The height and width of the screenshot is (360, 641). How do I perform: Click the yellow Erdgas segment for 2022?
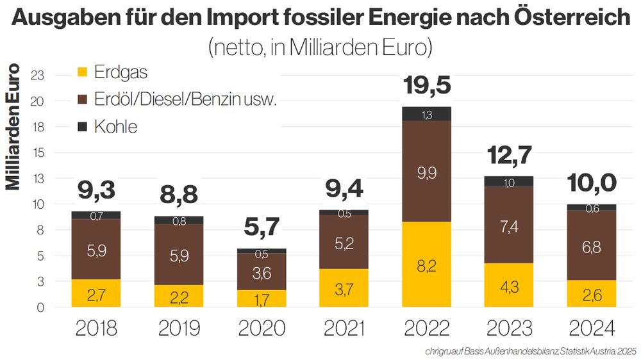coord(426,264)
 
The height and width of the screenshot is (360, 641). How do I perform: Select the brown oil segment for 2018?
coord(96,249)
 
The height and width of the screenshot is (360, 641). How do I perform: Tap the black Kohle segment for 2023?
coord(509,181)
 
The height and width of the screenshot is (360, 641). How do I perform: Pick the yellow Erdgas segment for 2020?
coord(262,298)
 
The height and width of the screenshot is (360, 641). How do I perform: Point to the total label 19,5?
coord(426,85)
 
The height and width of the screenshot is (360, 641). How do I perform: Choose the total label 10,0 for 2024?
coord(591,183)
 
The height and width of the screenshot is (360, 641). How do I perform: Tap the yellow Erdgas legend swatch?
coord(82,71)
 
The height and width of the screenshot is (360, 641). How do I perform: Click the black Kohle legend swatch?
coord(82,126)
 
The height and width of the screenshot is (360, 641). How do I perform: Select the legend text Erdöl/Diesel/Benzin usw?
coord(185,99)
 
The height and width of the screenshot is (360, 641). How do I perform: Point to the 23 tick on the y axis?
coord(37,76)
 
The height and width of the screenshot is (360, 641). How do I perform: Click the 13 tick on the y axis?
coord(37,179)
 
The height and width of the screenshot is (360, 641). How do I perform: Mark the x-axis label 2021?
coord(344,329)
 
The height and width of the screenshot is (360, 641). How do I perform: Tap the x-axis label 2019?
coord(179,329)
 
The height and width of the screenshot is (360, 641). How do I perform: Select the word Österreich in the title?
coord(574,17)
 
